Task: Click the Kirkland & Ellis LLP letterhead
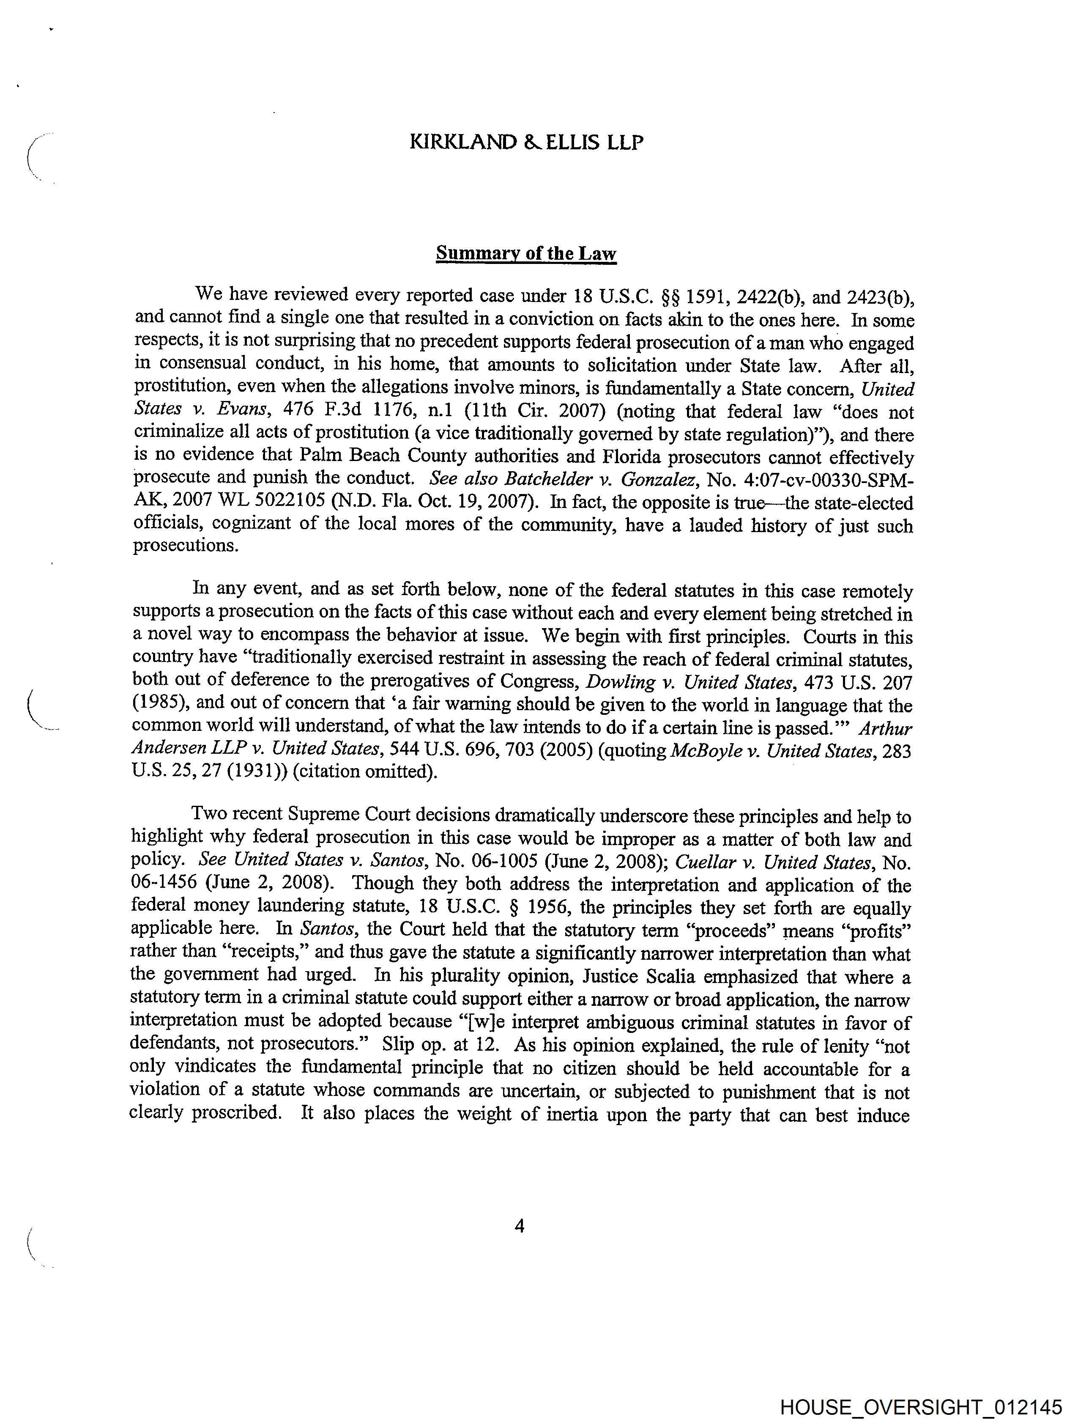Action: point(526,143)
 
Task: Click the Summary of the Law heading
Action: point(526,253)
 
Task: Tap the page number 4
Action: point(520,1225)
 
